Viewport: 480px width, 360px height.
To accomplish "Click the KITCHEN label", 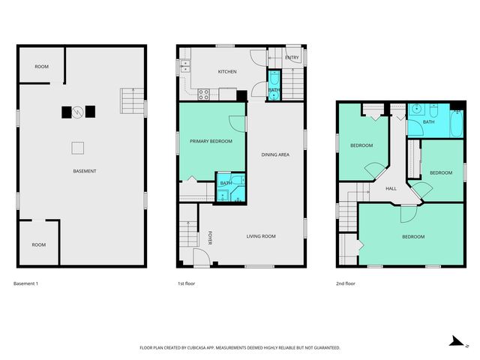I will tap(227, 72).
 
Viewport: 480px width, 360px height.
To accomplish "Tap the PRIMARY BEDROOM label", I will tap(211, 141).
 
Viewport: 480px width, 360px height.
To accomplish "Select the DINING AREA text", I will tap(275, 155).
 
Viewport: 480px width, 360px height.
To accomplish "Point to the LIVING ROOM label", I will tap(261, 236).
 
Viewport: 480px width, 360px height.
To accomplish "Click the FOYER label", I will tap(210, 237).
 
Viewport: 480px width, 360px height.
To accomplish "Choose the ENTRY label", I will tap(292, 58).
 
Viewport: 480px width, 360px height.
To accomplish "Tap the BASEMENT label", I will tap(84, 172).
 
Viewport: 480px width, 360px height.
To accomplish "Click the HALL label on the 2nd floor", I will tap(391, 188).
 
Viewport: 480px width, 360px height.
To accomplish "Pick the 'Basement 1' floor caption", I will tap(25, 283).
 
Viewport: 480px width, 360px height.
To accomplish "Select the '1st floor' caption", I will tap(187, 283).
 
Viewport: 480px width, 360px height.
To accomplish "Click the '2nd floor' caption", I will tap(346, 283).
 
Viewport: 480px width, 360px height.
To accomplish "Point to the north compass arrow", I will tap(454, 341).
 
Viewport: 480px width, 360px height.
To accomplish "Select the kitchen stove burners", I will tap(202, 94).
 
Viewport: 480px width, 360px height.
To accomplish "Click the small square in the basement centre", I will tap(78, 147).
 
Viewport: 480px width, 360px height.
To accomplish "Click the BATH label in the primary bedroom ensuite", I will tap(225, 183).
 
